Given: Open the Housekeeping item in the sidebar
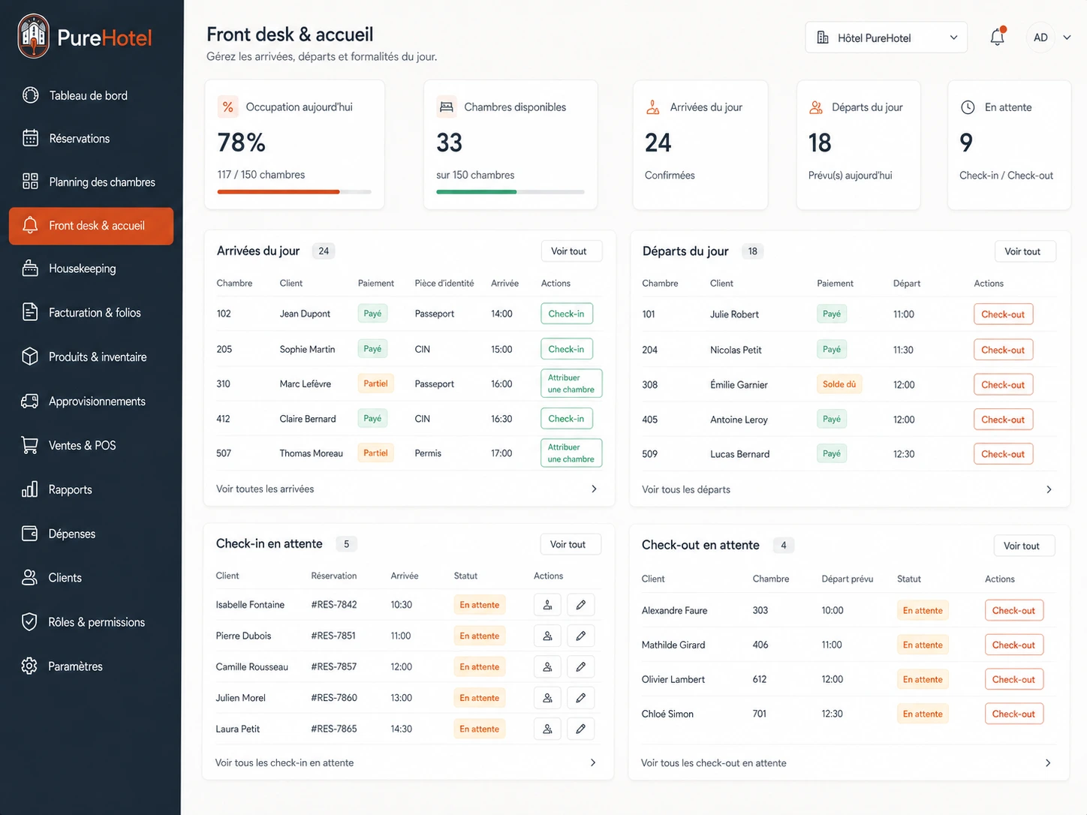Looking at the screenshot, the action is click(83, 269).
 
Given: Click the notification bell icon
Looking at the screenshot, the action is click(997, 37).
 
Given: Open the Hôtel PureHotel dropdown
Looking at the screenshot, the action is click(886, 38).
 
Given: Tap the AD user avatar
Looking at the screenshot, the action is click(1040, 38).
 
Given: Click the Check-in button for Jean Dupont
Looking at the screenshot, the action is click(567, 314).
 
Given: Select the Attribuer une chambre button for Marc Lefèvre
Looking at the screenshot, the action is click(571, 383).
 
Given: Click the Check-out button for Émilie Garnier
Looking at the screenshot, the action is click(1003, 384).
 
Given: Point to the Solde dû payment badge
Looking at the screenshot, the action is click(839, 384).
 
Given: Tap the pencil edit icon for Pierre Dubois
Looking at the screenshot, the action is click(580, 636).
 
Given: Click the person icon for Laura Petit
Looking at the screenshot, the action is click(547, 729).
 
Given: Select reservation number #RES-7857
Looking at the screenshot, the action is click(334, 666).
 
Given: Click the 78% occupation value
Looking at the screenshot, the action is click(241, 143).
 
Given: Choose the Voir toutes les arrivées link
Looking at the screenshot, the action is click(265, 489).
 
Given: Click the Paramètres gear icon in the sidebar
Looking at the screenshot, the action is click(29, 666).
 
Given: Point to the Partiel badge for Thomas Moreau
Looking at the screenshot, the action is click(375, 453).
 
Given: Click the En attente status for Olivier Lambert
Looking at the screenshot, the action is click(922, 679).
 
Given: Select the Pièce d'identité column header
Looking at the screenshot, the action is click(444, 283).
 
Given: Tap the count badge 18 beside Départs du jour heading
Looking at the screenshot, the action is click(752, 251).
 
